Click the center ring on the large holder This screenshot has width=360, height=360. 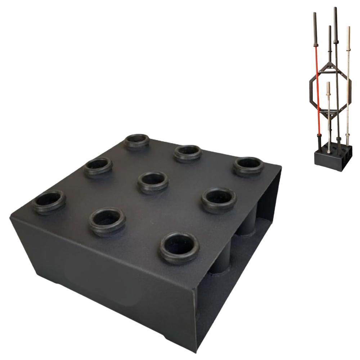153,181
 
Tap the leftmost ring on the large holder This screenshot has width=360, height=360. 49,202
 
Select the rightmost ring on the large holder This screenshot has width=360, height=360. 247,166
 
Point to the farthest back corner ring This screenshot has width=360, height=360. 137,141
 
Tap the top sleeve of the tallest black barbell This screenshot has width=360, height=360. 336,22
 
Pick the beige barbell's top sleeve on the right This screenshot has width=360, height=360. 348,40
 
